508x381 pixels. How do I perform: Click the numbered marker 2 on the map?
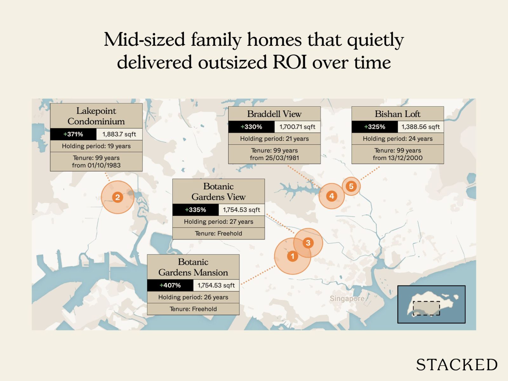click(x=117, y=197)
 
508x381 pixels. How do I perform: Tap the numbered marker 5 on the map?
click(x=351, y=186)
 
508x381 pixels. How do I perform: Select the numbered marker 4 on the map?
click(x=331, y=196)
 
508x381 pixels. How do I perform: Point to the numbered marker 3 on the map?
click(x=308, y=243)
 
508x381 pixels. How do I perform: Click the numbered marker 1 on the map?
click(x=292, y=256)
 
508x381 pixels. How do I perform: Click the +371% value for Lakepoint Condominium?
click(x=73, y=134)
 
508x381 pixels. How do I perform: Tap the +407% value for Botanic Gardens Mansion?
click(x=170, y=285)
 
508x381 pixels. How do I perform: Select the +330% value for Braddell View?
click(x=251, y=127)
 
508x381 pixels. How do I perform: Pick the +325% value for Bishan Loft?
click(x=375, y=127)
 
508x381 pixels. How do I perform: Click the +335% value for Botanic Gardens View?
click(x=196, y=210)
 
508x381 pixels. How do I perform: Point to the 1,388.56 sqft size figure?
click(x=420, y=127)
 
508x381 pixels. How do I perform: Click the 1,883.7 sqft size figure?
click(x=119, y=134)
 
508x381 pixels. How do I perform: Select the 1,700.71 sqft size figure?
click(x=297, y=127)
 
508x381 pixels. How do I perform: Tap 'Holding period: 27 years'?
click(x=218, y=222)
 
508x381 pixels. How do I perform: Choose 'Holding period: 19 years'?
click(x=96, y=146)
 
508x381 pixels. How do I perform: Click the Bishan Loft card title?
click(x=398, y=114)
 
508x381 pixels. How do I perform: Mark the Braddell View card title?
click(x=274, y=114)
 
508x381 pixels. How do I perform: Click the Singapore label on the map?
click(x=347, y=298)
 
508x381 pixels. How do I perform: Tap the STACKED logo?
click(x=457, y=364)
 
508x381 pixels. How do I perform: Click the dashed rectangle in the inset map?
click(x=426, y=308)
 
